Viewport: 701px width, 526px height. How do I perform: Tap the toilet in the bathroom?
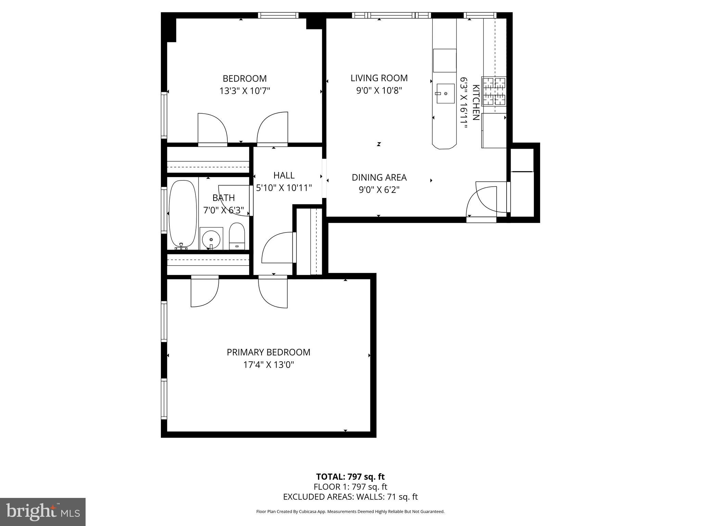pos(237,236)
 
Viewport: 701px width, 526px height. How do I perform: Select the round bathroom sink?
pos(211,239)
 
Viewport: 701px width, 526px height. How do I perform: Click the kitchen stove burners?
pos(494,91)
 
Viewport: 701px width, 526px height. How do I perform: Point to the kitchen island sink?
pos(445,93)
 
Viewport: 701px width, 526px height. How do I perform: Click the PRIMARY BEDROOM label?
pos(268,352)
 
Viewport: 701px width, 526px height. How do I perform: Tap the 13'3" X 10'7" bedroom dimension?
pos(245,91)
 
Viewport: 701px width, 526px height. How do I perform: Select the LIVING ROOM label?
pos(379,78)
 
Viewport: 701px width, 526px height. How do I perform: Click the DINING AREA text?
pos(379,177)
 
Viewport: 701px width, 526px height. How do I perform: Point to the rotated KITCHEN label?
pos(475,102)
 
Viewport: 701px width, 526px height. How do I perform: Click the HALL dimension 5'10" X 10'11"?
pos(284,188)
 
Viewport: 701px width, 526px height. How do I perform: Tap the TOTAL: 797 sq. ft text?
pos(350,477)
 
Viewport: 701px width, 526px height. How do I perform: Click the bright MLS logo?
pos(43,512)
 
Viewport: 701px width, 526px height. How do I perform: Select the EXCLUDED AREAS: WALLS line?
pos(350,497)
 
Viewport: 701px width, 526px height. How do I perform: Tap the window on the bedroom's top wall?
pos(278,15)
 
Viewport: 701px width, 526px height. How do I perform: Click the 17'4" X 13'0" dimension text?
pos(268,365)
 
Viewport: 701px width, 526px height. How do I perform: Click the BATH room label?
pos(224,198)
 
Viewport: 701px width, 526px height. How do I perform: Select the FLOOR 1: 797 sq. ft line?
pos(350,487)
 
